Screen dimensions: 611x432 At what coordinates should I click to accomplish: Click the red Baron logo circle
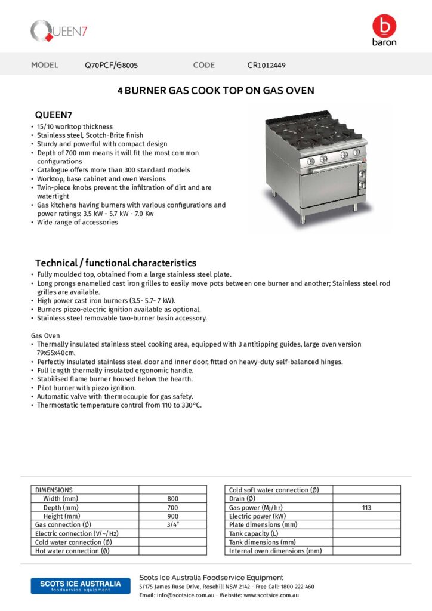tap(384, 26)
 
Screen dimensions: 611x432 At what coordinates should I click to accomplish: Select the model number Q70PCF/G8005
tap(112, 65)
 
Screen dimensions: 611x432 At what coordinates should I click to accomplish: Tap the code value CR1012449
tap(266, 65)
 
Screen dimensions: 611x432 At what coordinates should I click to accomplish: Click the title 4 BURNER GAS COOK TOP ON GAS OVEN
tap(215, 91)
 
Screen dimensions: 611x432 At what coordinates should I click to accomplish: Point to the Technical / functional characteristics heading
tap(115, 263)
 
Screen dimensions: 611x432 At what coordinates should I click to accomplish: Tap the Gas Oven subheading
tap(45, 336)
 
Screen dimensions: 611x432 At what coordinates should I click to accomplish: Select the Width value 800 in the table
tap(172, 499)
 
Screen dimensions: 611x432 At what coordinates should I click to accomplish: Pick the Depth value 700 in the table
tap(172, 507)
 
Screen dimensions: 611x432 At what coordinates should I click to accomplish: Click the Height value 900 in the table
tap(172, 516)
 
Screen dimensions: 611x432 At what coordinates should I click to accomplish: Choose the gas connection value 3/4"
tap(172, 524)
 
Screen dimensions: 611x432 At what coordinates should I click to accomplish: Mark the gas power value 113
tap(366, 507)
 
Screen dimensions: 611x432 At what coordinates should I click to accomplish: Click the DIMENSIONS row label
tap(54, 490)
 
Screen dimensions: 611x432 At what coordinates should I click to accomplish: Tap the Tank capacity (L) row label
tap(254, 533)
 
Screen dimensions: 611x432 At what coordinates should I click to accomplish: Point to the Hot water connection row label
tap(72, 551)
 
